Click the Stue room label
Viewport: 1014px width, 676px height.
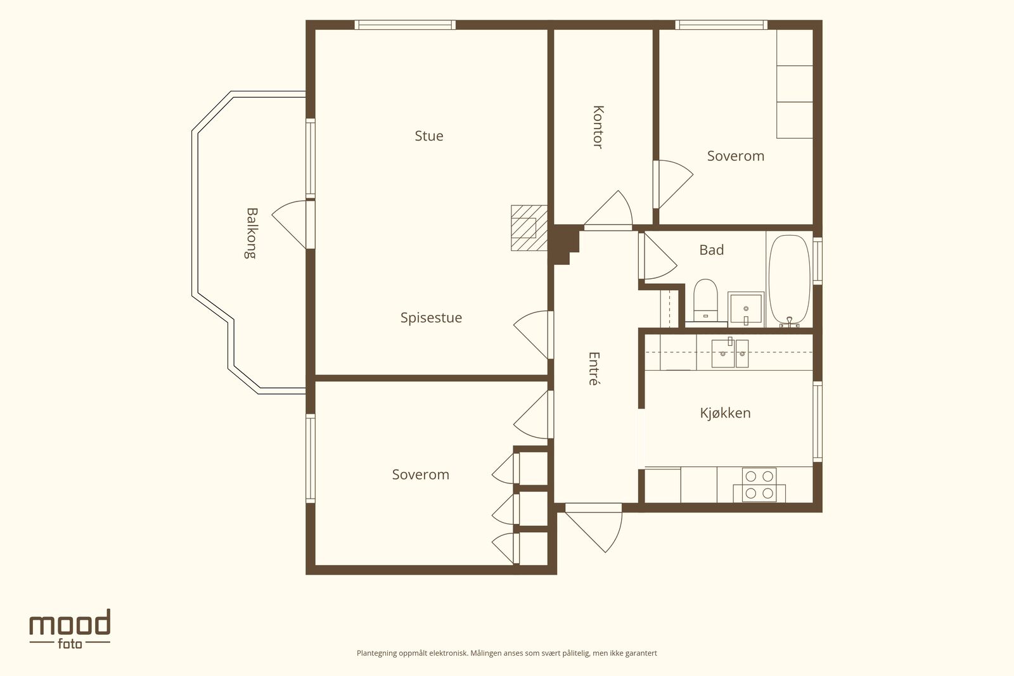[x=428, y=136]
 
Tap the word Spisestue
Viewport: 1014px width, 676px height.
[x=431, y=317]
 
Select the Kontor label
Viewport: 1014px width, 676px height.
[x=598, y=127]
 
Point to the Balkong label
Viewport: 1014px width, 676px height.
[x=251, y=233]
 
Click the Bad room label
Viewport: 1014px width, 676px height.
[x=711, y=250]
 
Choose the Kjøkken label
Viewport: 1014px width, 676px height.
[x=725, y=413]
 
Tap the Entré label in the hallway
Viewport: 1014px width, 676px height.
[x=593, y=369]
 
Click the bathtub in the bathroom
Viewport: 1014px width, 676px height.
[x=790, y=280]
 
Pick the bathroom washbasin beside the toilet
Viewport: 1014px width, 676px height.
[x=745, y=309]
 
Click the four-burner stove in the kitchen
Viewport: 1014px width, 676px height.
[x=759, y=485]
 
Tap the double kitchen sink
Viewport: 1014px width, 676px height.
[x=729, y=353]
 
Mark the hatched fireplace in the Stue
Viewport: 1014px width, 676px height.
[x=529, y=228]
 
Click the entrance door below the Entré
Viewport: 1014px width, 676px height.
[x=593, y=527]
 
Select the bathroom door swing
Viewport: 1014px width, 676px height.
[x=658, y=256]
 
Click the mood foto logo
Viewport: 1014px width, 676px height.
[x=70, y=628]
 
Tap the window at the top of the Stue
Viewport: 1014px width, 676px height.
[x=405, y=25]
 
